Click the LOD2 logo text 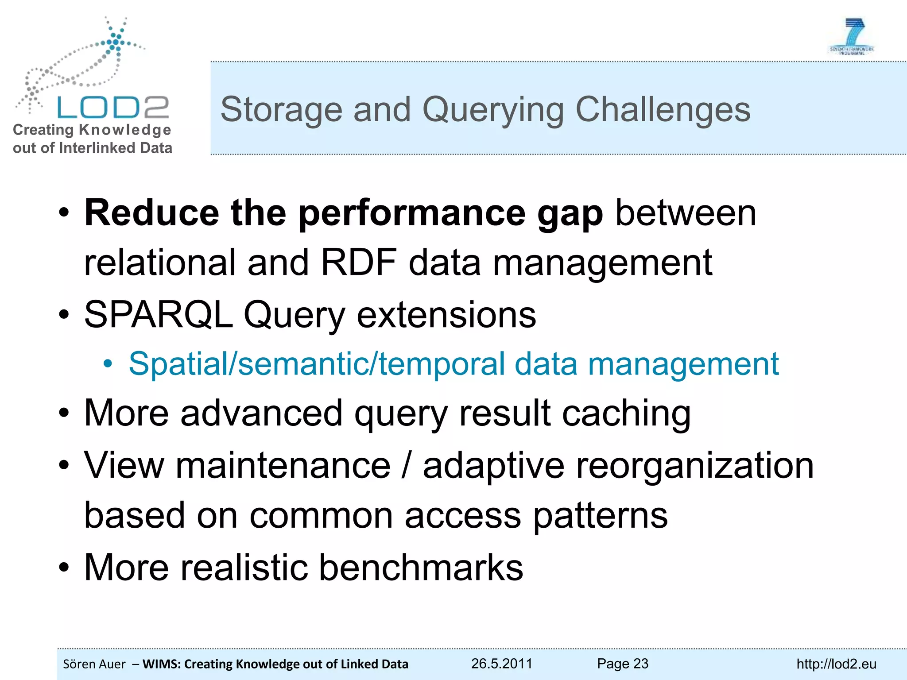tap(113, 107)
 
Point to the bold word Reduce tap(151, 213)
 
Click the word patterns tap(600, 516)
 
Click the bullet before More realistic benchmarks tap(64, 568)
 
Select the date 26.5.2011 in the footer tap(501, 664)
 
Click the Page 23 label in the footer tap(622, 664)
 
